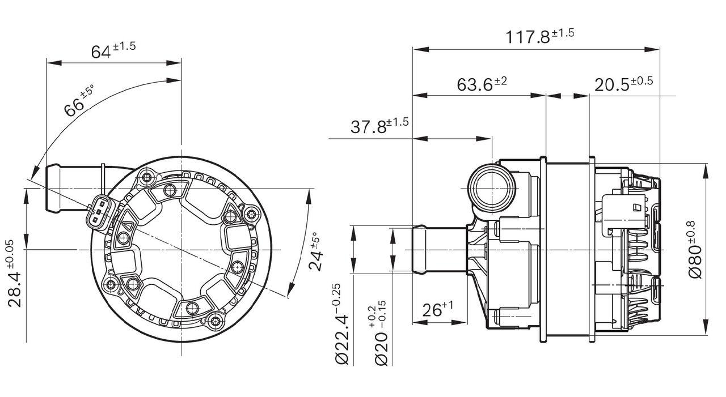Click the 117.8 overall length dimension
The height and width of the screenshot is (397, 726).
539,37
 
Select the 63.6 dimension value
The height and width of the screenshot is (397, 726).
482,84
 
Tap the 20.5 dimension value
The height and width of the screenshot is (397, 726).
623,84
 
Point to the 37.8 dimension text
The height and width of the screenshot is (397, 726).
379,126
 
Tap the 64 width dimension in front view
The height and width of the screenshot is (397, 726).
113,50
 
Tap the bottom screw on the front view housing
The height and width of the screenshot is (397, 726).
214,321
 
